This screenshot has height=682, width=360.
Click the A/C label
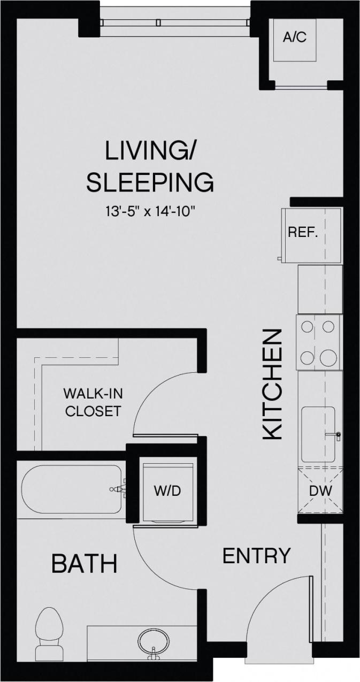[x=294, y=38]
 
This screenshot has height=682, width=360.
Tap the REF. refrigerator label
[x=303, y=233]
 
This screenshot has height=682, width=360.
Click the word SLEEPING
[x=150, y=182]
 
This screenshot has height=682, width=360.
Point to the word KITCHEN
[x=273, y=384]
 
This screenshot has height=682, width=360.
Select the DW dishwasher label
[x=320, y=491]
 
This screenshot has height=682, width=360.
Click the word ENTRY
[x=256, y=556]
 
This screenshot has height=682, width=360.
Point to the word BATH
[x=85, y=563]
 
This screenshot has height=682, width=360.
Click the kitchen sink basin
[x=318, y=434]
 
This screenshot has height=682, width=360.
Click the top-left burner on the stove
[x=307, y=326]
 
